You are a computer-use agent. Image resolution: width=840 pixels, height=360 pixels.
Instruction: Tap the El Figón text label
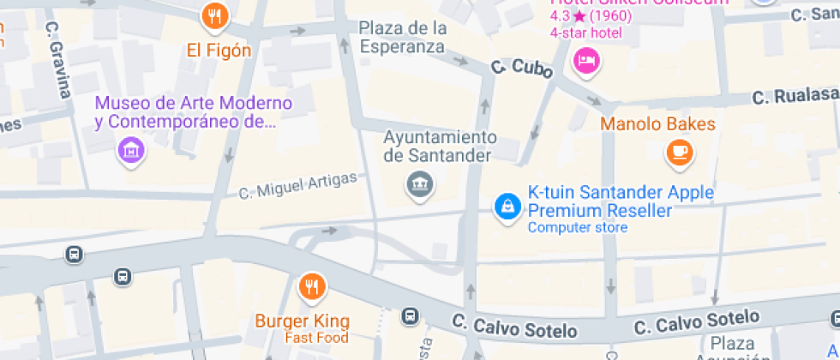pos(219,51)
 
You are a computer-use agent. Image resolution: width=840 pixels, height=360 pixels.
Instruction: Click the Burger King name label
pos(303,321)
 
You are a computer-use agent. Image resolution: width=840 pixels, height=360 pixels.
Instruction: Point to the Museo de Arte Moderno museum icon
pos(131,151)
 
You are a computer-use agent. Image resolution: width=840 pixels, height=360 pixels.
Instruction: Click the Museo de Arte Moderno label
pos(194,112)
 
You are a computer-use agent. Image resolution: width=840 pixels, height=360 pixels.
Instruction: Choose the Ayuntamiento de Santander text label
pos(439,147)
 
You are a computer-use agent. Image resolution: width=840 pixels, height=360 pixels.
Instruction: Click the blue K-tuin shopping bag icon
pos(507,206)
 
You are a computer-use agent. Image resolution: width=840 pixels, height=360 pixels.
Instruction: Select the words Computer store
pos(577,227)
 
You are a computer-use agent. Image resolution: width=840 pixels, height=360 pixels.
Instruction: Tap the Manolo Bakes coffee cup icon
pos(680,152)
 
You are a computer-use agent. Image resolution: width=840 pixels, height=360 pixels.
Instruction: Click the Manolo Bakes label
pos(657,124)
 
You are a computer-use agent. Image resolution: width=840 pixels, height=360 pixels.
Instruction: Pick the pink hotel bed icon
pos(587,60)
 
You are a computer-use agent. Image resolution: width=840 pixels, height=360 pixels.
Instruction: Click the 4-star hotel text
pos(585,33)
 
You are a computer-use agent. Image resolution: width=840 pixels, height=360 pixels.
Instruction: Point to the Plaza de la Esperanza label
pos(403,38)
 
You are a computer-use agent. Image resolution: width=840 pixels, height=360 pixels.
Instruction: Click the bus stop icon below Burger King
pos(411,315)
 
